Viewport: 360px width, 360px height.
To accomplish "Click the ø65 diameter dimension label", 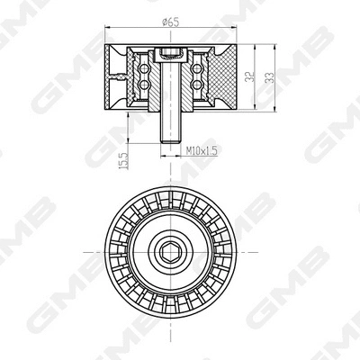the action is (x=170, y=22).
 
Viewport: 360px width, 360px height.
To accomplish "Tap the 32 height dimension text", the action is (x=249, y=76).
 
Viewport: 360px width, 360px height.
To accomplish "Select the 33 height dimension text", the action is (x=270, y=77).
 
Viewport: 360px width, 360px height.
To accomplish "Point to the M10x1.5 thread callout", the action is (x=202, y=150).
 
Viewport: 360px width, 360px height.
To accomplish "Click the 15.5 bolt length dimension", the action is (x=124, y=161).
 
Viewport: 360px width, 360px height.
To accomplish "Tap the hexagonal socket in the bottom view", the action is (x=170, y=252).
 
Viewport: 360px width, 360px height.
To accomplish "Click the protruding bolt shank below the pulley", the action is (x=171, y=127).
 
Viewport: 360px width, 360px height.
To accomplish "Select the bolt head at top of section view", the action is (x=170, y=54).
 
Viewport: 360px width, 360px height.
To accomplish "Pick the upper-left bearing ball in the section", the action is (x=144, y=69).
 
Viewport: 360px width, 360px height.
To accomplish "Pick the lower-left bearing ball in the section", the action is (x=144, y=85).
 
